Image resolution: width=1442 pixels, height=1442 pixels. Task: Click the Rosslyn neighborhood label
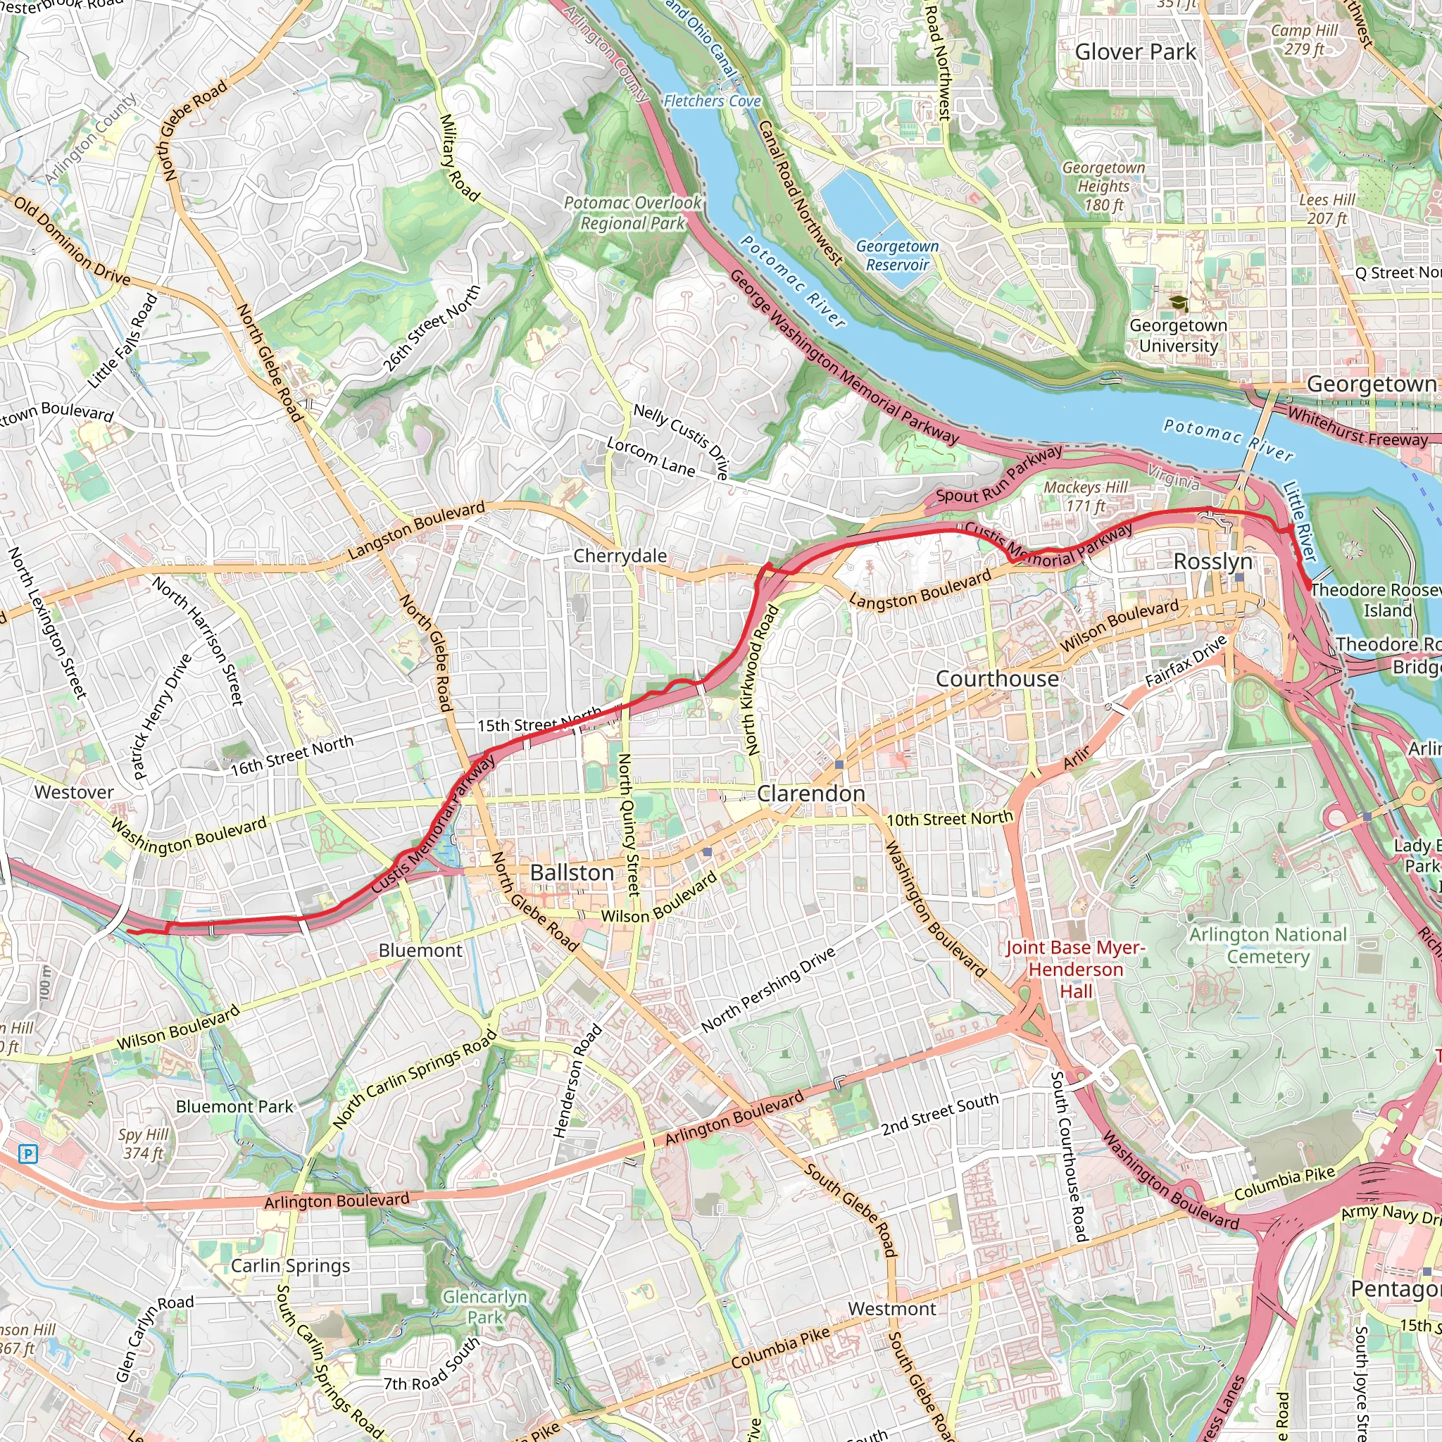(1213, 561)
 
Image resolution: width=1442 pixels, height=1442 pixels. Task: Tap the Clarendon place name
(810, 794)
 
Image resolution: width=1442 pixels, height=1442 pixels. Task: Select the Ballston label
(572, 872)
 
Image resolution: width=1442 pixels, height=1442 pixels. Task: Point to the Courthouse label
(997, 679)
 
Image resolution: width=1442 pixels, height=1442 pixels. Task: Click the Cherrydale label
(620, 556)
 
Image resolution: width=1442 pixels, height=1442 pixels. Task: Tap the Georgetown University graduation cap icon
(1178, 303)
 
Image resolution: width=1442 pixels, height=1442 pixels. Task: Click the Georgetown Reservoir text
(897, 256)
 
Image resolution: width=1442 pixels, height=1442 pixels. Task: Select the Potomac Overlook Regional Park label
(632, 213)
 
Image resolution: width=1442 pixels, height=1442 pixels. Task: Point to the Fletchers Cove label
(712, 101)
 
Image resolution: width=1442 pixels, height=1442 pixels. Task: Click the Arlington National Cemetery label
(1268, 945)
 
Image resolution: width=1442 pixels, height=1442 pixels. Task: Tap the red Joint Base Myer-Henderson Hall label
(1074, 969)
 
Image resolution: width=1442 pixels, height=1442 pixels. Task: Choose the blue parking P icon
(27, 1155)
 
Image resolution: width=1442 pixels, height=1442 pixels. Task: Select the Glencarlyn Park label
(484, 1307)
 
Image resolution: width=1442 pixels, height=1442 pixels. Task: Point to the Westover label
(74, 792)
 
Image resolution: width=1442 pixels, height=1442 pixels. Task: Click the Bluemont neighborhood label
(420, 950)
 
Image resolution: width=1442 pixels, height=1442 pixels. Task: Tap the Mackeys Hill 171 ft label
(1085, 496)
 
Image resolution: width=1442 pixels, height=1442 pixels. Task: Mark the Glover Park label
(1135, 51)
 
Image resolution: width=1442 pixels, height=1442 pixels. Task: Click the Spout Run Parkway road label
(998, 475)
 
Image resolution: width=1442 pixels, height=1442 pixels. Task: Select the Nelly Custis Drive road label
(681, 440)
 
